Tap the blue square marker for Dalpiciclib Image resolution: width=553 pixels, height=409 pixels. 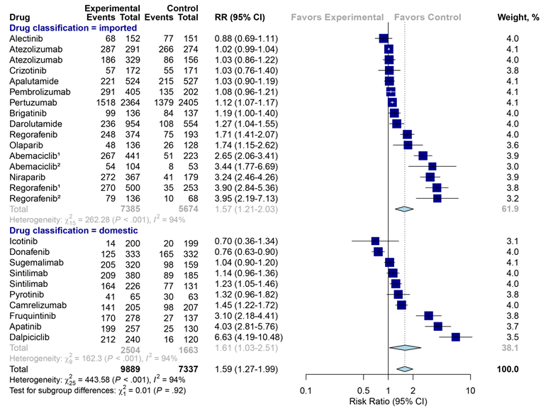tap(455, 337)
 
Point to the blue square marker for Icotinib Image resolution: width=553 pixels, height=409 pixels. tap(375, 241)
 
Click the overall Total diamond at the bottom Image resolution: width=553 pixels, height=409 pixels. tap(404, 369)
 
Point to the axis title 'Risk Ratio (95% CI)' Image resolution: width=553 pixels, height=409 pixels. tap(389, 402)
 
